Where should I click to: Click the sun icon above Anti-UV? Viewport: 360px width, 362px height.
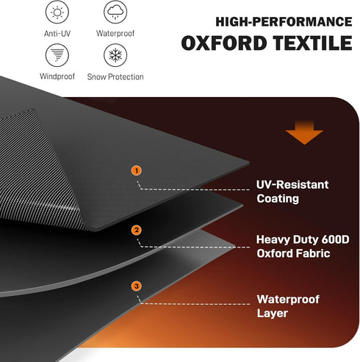(57, 12)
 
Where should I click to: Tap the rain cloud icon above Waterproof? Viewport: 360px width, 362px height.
(115, 12)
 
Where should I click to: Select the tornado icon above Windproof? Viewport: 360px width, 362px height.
(57, 55)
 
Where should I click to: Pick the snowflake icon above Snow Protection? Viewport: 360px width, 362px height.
(115, 55)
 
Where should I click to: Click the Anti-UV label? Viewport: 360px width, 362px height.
(57, 34)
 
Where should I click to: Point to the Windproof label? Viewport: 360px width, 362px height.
(57, 76)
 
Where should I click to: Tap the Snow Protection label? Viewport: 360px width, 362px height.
(115, 77)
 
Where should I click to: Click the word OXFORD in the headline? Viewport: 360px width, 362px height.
(224, 43)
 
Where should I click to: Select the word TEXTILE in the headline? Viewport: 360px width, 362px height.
(313, 43)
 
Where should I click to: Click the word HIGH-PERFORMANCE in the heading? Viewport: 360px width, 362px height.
(284, 22)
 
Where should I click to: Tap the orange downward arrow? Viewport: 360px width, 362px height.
(304, 132)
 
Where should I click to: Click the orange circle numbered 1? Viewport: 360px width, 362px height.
(137, 170)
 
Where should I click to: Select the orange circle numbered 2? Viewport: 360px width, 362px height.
(137, 230)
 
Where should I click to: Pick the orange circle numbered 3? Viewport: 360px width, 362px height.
(137, 286)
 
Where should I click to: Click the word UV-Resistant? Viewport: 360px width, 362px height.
(292, 185)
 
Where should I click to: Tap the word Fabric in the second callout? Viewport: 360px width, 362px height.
(313, 253)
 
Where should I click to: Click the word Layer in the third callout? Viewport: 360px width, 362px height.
(273, 314)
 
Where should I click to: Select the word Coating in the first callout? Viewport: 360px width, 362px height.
(278, 199)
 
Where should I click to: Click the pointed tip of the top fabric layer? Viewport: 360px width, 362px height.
(249, 162)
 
